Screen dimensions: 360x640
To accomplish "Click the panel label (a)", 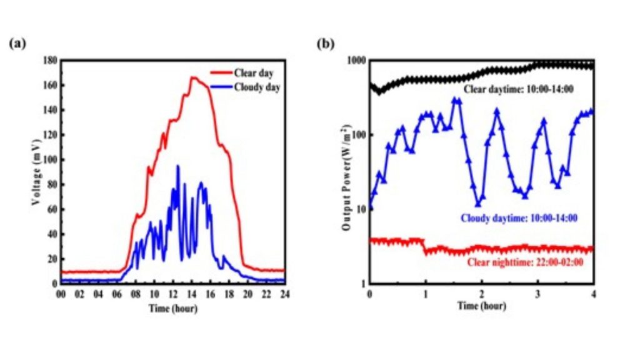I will point(17,44).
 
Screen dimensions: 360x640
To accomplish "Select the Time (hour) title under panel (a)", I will point(172,307).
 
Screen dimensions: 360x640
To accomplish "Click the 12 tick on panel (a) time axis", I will point(172,294).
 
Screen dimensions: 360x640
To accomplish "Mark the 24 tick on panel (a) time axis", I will point(284,294).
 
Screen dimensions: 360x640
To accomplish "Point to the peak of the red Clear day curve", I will point(193,77).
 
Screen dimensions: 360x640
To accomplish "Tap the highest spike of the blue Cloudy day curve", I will point(178,166).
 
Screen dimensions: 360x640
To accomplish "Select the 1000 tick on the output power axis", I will point(356,60).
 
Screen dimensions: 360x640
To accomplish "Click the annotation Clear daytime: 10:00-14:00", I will point(519,89).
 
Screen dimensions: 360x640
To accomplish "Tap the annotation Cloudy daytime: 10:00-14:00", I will point(519,219).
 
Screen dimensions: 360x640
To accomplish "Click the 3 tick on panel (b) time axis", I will point(537,294).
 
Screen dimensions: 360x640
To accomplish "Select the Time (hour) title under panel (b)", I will point(482,306).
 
